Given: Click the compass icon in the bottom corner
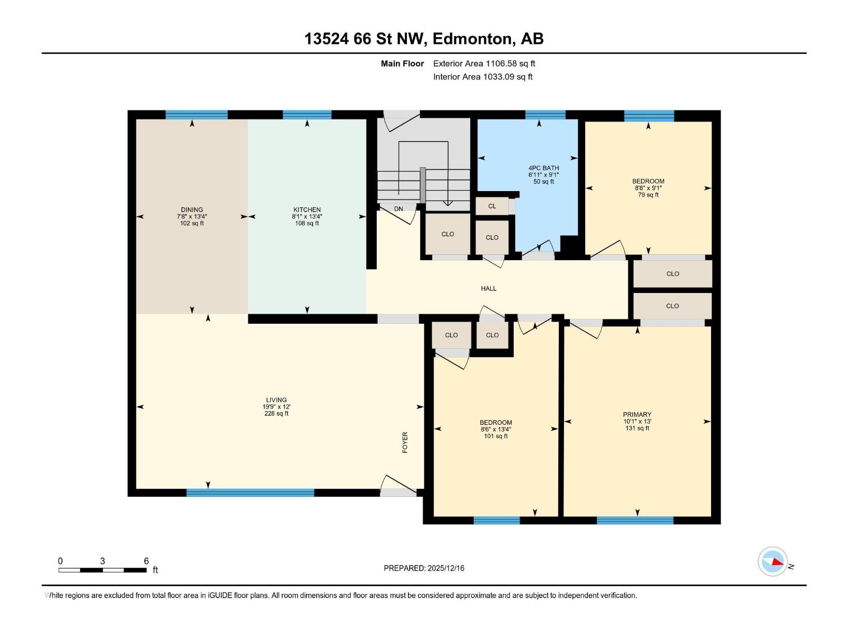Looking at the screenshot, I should (x=773, y=561).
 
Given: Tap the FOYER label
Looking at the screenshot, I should (x=405, y=442).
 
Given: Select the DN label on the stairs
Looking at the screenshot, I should (x=398, y=209).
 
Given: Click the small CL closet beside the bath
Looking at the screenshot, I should (x=492, y=206).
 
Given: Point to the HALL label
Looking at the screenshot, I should (x=489, y=288).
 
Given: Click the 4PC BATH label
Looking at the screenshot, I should (x=543, y=168).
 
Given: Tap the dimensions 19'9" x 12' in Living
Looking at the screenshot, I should (x=276, y=407).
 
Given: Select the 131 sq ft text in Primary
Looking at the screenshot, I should (x=637, y=428).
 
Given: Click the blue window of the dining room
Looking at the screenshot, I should (x=196, y=115).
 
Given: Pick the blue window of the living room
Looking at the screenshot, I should (x=250, y=493).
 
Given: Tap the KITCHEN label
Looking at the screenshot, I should (x=307, y=210).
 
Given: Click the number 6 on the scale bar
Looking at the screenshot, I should (x=146, y=561).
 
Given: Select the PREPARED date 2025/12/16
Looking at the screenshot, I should (x=445, y=568).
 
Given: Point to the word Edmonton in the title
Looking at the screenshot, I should (x=472, y=39).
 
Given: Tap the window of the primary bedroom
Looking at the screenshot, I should (x=635, y=520).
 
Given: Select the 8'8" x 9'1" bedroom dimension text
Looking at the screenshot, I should (x=648, y=188).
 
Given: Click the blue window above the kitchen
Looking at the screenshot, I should (x=307, y=115).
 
